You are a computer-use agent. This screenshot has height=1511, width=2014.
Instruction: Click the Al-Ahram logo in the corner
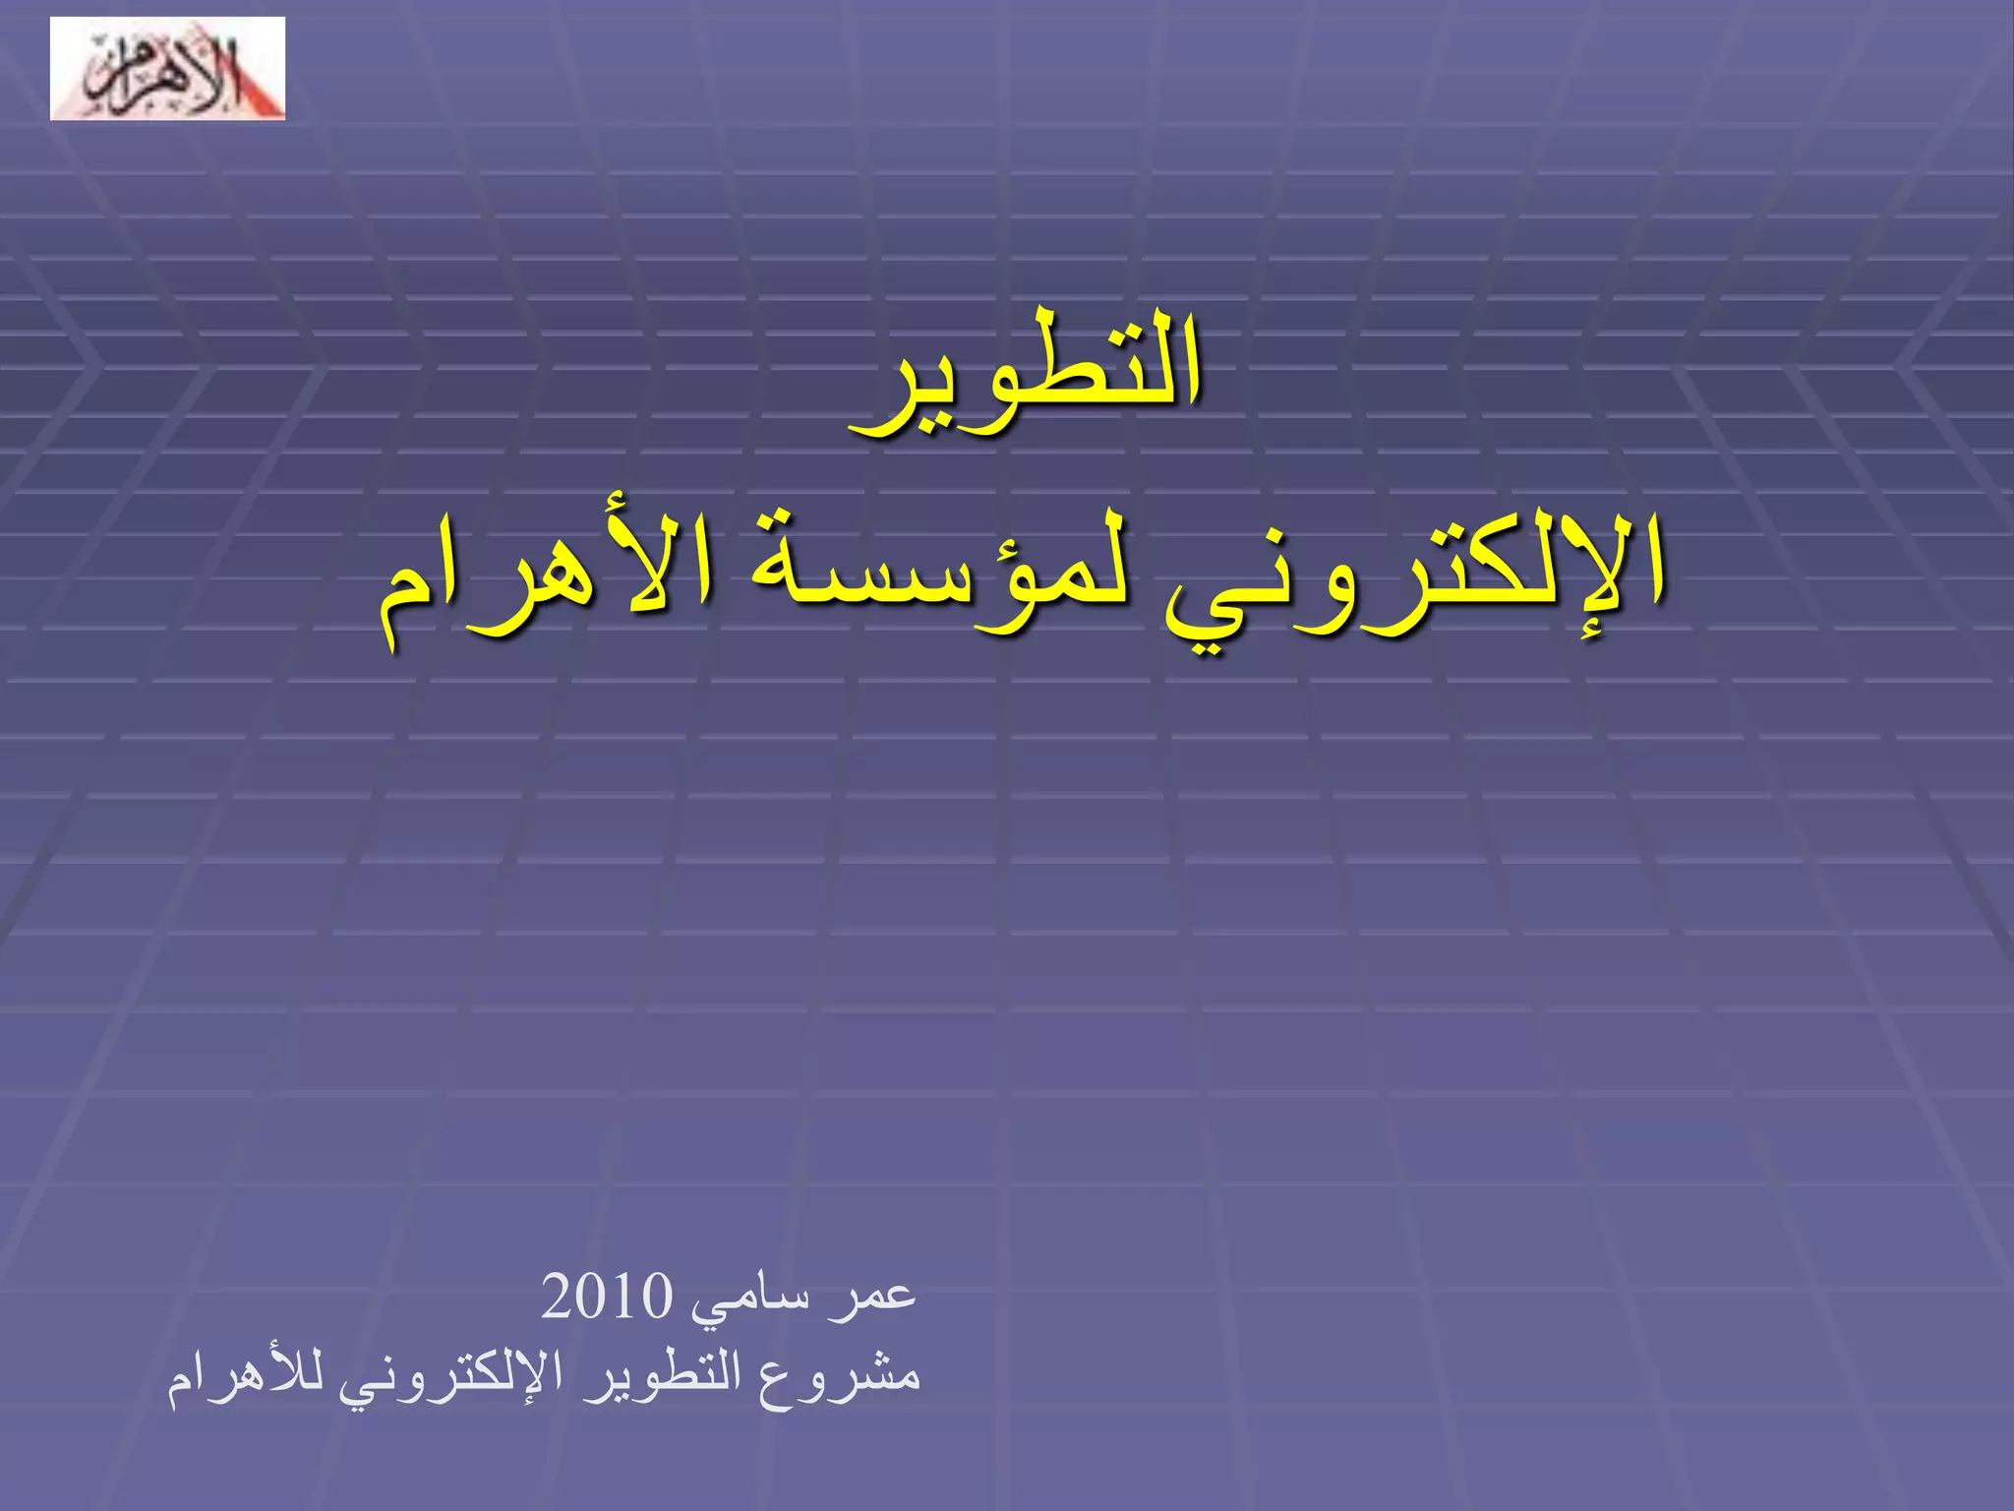pyautogui.click(x=167, y=69)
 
